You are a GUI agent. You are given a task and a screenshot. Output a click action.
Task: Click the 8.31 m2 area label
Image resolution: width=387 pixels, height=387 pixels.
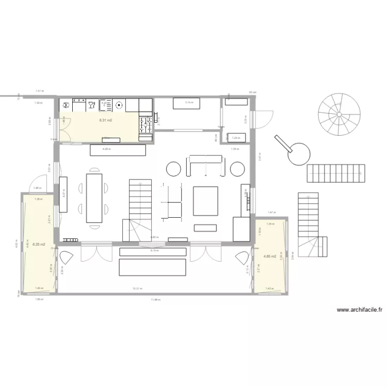point(106,120)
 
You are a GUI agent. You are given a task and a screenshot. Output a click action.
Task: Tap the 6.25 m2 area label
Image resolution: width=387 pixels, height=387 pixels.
point(39,244)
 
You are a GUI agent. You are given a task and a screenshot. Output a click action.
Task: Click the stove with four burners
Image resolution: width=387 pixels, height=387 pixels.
point(145,123)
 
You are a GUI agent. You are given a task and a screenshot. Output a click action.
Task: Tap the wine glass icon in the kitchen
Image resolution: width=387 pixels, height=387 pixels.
point(91,105)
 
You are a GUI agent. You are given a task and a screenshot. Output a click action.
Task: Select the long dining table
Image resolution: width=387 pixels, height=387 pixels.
point(94,198)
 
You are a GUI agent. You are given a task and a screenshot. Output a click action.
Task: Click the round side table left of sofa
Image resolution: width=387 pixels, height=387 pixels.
point(173,169)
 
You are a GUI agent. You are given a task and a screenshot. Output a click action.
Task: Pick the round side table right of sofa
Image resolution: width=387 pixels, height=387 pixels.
point(237,169)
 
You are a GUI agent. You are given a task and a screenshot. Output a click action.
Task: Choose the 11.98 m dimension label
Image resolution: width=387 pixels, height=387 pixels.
point(156,299)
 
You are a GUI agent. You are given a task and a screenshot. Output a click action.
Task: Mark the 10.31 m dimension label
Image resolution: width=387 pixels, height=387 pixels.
point(137,288)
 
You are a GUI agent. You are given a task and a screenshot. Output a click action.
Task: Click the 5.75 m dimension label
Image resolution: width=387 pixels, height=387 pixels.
point(154,250)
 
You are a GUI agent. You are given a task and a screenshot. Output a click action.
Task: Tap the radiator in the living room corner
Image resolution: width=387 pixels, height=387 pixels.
point(69,239)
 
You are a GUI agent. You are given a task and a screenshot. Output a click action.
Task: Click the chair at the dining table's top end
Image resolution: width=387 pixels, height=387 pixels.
point(94,169)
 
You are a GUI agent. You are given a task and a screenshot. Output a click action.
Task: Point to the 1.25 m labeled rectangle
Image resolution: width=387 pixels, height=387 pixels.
point(236,138)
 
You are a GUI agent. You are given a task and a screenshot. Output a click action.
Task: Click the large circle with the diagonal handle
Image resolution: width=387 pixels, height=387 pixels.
point(299,153)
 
